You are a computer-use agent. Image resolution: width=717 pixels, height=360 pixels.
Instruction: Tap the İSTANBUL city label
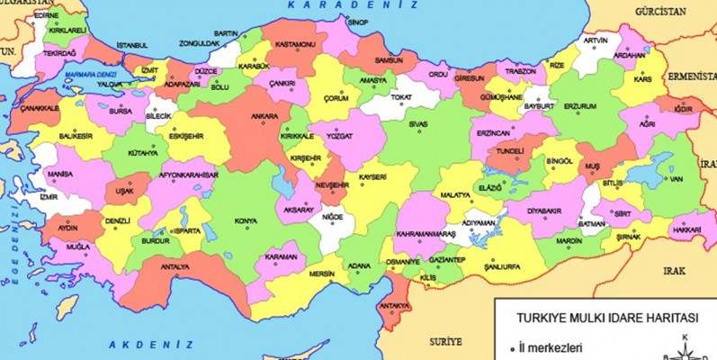pyautogui.click(x=131, y=45)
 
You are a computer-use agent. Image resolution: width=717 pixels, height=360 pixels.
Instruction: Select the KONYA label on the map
pyautogui.click(x=245, y=220)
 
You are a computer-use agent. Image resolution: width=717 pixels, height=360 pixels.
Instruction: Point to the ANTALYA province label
pyautogui.click(x=175, y=267)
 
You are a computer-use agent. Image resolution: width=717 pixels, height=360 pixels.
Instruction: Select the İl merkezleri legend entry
pyautogui.click(x=550, y=347)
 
